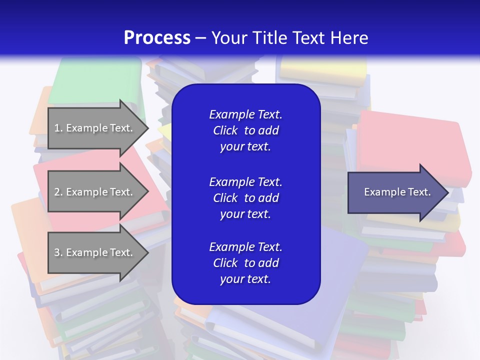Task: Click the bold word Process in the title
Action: pos(157,38)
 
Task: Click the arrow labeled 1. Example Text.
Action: pos(95,128)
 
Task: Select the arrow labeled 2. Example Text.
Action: pos(95,192)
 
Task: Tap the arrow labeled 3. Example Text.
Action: pos(95,252)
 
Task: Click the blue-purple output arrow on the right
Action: pos(395,192)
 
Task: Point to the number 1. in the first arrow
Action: pos(58,128)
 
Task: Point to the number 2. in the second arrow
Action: pos(58,192)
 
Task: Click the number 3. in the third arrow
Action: pos(58,252)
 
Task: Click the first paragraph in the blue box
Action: pos(245,130)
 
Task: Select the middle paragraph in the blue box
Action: pos(245,198)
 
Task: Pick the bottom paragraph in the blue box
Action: pos(245,263)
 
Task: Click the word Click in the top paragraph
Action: pos(225,130)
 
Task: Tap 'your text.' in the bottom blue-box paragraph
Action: pos(245,279)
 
